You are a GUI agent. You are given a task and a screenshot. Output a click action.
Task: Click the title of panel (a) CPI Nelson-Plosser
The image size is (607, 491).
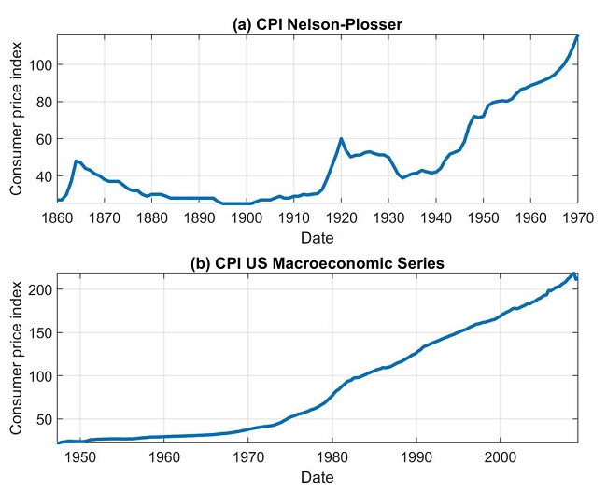pyautogui.click(x=317, y=23)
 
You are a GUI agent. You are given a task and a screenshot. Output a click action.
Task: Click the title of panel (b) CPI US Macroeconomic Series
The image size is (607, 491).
pyautogui.click(x=317, y=262)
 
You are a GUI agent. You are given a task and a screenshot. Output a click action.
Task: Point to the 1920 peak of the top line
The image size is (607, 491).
pyautogui.click(x=341, y=139)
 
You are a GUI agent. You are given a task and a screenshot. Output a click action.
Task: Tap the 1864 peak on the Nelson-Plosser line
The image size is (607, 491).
pyautogui.click(x=76, y=161)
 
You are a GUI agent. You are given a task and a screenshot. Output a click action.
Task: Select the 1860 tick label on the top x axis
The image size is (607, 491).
pyautogui.click(x=57, y=217)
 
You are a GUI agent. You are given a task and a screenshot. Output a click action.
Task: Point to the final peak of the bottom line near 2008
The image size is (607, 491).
pyautogui.click(x=573, y=274)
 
